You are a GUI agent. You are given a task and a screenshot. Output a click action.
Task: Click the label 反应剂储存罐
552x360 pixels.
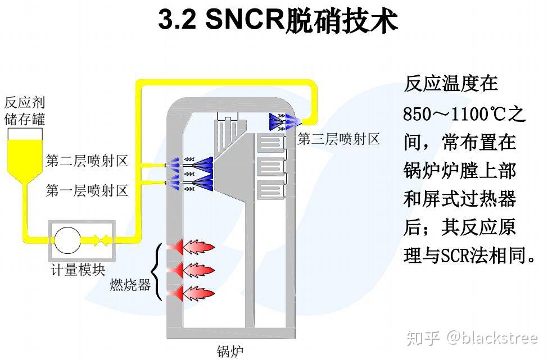point(24,111)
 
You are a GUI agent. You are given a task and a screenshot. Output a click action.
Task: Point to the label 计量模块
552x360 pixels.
point(76,270)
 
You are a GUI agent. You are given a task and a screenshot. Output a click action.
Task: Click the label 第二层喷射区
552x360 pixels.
point(87,161)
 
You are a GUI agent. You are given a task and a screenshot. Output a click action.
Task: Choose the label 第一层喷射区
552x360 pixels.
point(87,191)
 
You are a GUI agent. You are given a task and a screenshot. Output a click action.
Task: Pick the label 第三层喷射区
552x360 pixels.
point(338,139)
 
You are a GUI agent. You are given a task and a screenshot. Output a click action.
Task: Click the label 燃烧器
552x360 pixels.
point(130,285)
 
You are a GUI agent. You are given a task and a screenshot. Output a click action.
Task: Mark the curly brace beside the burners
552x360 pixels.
point(159,270)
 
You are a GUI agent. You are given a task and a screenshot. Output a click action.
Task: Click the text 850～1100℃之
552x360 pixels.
point(464,115)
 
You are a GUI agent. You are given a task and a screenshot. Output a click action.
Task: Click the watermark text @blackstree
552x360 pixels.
point(492,338)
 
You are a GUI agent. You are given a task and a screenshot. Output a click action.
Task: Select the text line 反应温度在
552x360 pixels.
point(451,84)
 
